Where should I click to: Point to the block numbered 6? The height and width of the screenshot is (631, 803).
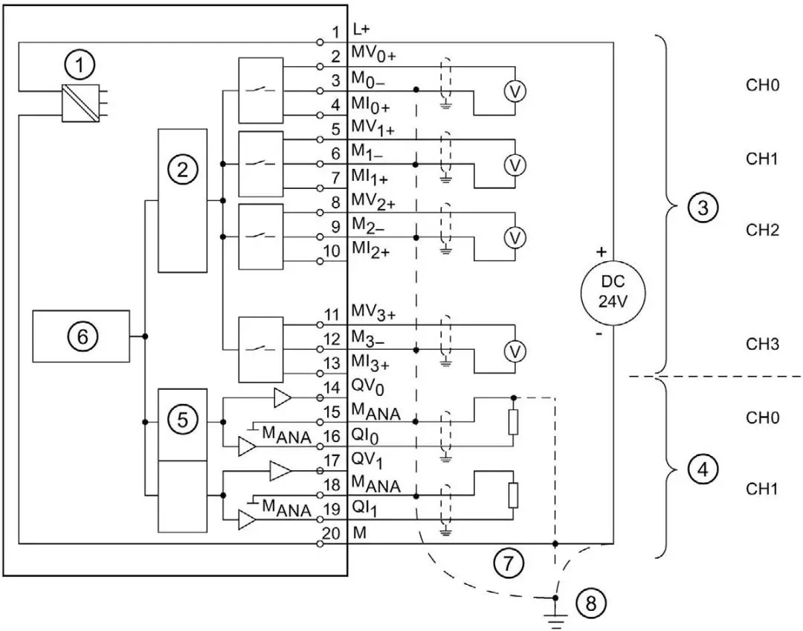tap(83, 337)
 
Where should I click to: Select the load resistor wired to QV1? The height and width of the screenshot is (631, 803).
tap(512, 495)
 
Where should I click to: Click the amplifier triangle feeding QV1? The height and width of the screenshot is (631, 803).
tap(280, 471)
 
